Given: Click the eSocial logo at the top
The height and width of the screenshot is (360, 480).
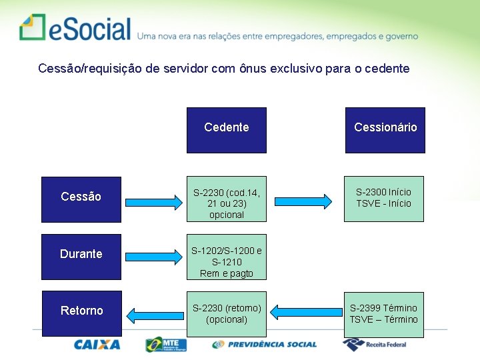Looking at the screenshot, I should click(75, 28).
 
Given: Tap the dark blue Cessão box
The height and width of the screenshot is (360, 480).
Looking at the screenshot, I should click(81, 199).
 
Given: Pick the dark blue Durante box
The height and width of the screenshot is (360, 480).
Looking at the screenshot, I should click(81, 256).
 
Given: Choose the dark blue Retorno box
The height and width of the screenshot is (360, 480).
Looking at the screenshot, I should click(81, 313).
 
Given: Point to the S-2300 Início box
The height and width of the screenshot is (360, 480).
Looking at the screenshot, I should click(384, 199).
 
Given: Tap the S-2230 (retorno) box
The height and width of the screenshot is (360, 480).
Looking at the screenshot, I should click(227, 313).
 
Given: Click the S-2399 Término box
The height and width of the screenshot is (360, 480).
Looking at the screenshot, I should click(384, 313).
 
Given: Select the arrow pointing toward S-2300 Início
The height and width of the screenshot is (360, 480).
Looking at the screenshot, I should click(305, 201).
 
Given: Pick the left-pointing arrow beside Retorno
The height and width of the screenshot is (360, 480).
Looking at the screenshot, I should click(153, 315).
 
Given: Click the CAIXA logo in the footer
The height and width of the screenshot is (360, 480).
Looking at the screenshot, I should click(97, 345).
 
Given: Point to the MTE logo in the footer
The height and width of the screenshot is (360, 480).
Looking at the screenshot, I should click(166, 345).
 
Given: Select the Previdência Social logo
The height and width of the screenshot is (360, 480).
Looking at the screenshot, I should click(265, 345).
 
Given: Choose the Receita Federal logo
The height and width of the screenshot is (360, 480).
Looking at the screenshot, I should click(375, 345).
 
